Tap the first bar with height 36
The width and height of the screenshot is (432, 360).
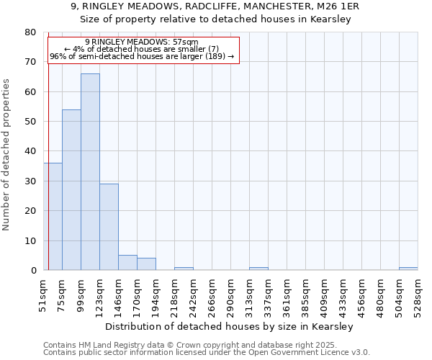53,216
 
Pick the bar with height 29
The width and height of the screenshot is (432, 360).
109,227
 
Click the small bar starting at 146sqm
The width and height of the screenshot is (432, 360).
127,263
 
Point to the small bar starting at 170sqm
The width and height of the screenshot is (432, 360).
146,264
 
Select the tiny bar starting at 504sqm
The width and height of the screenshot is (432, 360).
408,269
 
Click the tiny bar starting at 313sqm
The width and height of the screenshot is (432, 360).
258,269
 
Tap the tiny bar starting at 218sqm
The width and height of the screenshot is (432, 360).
184,269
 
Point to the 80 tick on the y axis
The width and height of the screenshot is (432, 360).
30,32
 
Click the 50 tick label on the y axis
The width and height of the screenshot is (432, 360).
30,122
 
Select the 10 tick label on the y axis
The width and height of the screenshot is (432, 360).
30,240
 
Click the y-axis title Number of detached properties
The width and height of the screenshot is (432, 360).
6,151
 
